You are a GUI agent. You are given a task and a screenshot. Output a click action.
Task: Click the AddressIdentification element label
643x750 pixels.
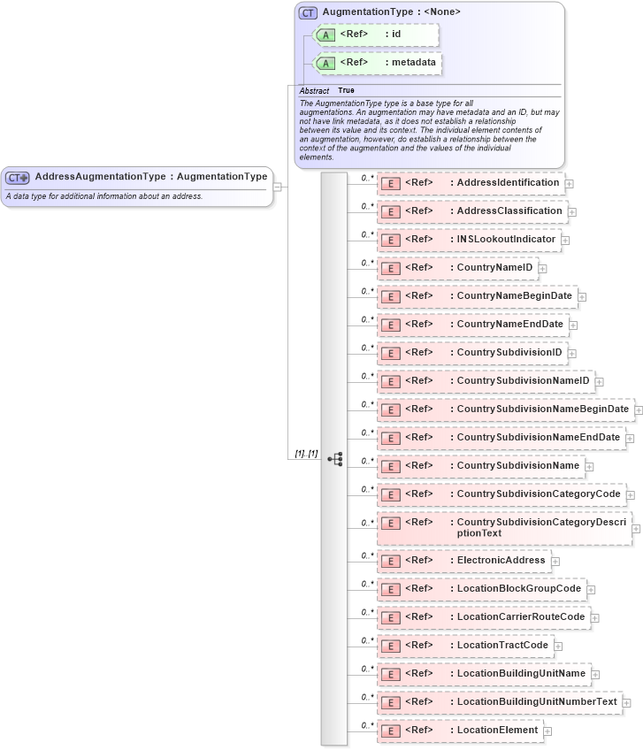pyautogui.click(x=508, y=183)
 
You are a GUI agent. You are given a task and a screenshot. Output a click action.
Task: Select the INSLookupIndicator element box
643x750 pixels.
pyautogui.click(x=469, y=240)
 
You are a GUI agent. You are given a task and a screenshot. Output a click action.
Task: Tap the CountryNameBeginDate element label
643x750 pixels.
pyautogui.click(x=514, y=296)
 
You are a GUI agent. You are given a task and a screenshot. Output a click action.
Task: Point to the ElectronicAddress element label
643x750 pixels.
pyautogui.click(x=501, y=560)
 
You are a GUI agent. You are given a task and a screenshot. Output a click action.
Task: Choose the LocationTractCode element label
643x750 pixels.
pyautogui.click(x=502, y=645)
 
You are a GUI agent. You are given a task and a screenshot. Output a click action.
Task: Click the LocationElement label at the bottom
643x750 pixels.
pyautogui.click(x=497, y=730)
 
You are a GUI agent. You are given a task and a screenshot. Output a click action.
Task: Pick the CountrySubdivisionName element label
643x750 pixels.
pyautogui.click(x=517, y=465)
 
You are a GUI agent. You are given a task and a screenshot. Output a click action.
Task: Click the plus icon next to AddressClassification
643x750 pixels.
pyautogui.click(x=573, y=212)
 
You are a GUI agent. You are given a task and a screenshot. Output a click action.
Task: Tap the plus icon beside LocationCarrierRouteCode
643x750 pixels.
pyautogui.click(x=595, y=617)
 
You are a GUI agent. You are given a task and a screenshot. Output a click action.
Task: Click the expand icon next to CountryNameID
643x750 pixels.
pyautogui.click(x=543, y=269)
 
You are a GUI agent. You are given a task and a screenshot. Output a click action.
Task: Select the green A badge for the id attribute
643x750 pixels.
pyautogui.click(x=325, y=34)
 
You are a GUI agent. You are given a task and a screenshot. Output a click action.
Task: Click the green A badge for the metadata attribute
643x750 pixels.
pyautogui.click(x=325, y=64)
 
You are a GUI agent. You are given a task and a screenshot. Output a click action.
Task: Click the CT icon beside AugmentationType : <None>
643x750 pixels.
pyautogui.click(x=308, y=12)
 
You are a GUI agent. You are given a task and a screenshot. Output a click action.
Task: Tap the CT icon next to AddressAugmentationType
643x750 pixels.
pyautogui.click(x=18, y=178)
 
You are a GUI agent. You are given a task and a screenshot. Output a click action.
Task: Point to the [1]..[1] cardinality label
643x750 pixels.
pyautogui.click(x=306, y=454)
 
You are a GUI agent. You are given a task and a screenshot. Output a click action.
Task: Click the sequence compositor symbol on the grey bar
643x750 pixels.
pyautogui.click(x=335, y=459)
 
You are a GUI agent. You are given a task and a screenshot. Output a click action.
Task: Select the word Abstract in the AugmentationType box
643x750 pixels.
pyautogui.click(x=314, y=91)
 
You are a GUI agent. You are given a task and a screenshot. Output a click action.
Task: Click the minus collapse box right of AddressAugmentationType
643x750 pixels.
pyautogui.click(x=278, y=187)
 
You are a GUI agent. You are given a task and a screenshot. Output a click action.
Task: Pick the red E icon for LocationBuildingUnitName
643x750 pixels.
pyautogui.click(x=390, y=674)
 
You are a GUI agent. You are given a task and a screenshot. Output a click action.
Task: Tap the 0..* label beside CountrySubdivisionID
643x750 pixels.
pyautogui.click(x=367, y=348)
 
